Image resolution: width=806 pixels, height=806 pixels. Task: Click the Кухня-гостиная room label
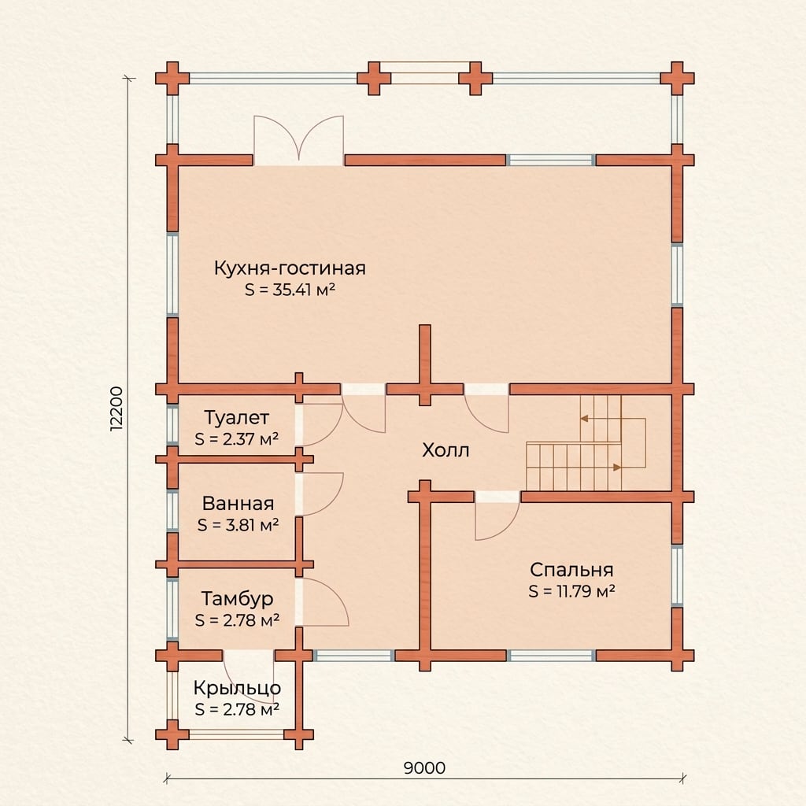tap(290, 268)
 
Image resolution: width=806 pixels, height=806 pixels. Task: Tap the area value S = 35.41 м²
tap(290, 290)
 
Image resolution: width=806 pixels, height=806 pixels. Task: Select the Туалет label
tap(236, 417)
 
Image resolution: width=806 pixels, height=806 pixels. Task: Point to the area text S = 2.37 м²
tap(237, 439)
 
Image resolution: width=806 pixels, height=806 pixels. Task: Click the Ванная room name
tap(238, 503)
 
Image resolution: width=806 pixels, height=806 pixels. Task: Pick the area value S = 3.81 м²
tap(238, 525)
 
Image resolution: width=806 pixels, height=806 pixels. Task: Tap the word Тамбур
tap(237, 599)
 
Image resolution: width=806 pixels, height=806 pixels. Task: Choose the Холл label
tap(446, 450)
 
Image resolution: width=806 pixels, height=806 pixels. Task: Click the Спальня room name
tap(571, 570)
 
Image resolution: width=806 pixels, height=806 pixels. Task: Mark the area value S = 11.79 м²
tap(572, 591)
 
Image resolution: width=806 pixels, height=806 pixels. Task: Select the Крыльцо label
tap(238, 688)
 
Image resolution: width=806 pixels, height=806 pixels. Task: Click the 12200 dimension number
tap(117, 409)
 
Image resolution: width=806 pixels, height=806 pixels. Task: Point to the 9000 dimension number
tap(424, 768)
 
